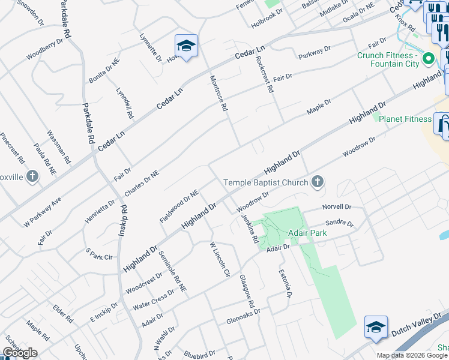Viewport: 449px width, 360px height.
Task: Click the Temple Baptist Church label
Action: (x=266, y=182)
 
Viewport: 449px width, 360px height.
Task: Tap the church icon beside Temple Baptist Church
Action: (x=318, y=182)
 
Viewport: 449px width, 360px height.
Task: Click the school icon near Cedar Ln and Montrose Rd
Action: (x=186, y=46)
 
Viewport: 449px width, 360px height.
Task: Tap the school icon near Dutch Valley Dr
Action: (x=376, y=327)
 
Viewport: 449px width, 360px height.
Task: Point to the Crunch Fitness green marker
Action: (x=428, y=59)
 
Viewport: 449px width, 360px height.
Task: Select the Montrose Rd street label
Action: (x=218, y=93)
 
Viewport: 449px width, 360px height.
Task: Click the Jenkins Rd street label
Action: (x=250, y=229)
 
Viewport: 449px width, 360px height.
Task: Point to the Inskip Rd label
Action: (x=122, y=221)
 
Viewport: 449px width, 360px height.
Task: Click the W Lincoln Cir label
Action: (x=219, y=259)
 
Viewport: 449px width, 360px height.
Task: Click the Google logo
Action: (x=20, y=353)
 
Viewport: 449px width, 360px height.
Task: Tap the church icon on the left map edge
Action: (x=32, y=177)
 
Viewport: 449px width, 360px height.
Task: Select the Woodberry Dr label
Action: (x=44, y=50)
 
